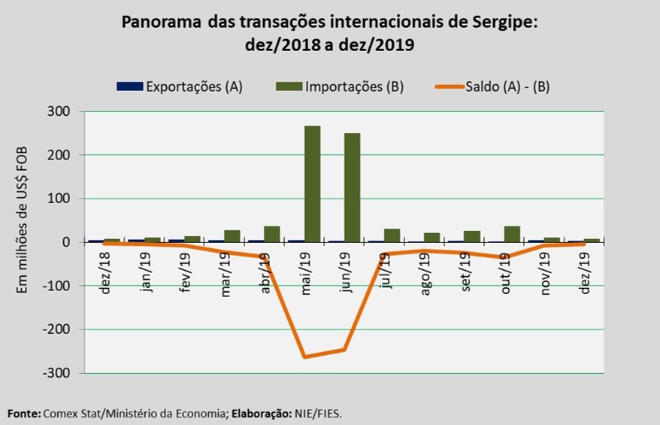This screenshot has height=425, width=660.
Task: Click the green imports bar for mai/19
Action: (313, 184)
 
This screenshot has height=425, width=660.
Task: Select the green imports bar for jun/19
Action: (353, 187)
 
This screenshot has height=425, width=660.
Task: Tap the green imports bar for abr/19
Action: (272, 234)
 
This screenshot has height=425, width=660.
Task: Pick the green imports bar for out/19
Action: (513, 234)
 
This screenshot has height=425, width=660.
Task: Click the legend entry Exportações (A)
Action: (180, 87)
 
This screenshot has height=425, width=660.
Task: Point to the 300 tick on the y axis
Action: (59, 112)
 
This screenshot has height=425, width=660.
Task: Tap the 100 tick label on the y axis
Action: (59, 199)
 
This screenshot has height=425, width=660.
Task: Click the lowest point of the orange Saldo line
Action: (304, 357)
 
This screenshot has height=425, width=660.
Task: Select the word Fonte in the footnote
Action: (23, 413)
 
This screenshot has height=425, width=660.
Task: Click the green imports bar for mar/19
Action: (232, 236)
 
